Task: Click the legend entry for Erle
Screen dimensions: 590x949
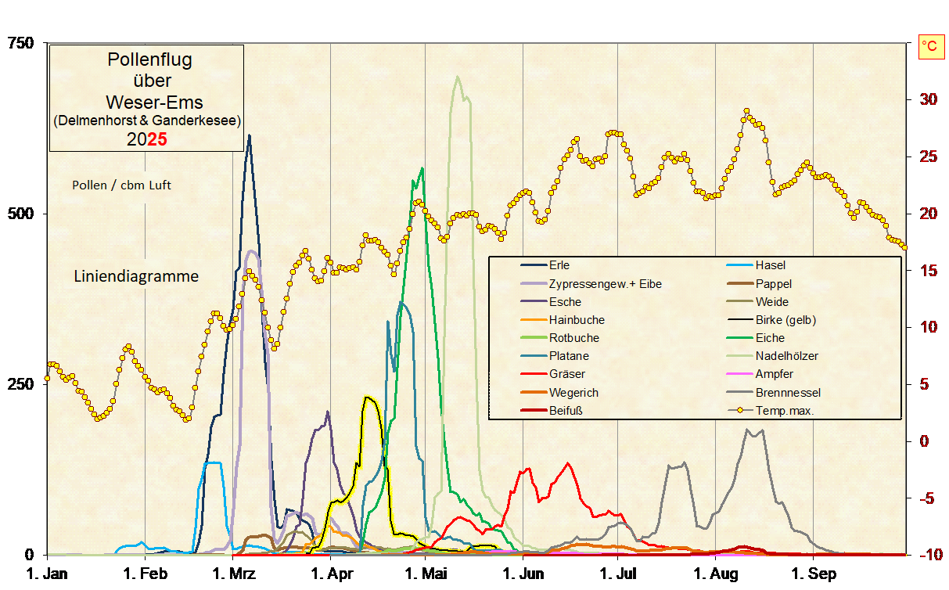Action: [559, 265]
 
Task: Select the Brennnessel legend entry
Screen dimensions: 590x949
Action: [788, 393]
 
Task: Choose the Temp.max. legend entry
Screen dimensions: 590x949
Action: [785, 411]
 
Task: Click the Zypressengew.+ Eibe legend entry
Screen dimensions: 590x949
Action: [605, 284]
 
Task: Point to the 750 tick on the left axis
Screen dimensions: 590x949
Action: [21, 44]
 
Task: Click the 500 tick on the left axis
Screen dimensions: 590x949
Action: [21, 214]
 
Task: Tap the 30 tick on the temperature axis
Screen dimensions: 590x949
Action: [928, 99]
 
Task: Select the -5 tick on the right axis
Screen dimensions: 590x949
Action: [927, 498]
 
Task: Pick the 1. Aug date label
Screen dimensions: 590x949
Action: [716, 574]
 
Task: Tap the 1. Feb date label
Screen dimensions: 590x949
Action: [147, 574]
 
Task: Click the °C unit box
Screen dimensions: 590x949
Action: [930, 47]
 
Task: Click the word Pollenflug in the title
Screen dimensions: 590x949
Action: [149, 59]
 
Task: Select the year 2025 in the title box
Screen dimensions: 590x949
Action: [146, 139]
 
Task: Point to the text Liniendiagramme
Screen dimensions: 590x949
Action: [136, 276]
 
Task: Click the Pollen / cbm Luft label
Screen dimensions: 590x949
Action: [121, 185]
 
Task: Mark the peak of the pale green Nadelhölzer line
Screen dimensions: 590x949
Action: [457, 77]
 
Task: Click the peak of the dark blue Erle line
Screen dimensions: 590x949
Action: [249, 136]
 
